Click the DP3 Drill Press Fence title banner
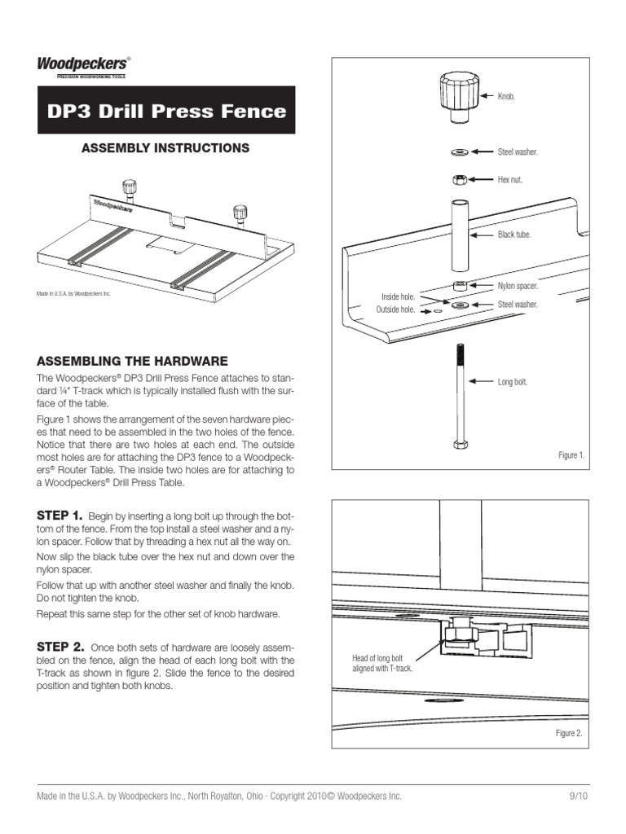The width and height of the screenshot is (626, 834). coord(166,111)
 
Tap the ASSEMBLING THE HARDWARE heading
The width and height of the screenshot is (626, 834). coord(132,361)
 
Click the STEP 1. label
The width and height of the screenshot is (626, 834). coord(60,516)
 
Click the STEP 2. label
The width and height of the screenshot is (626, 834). coord(60,646)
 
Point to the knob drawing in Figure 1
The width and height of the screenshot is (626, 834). coord(458,97)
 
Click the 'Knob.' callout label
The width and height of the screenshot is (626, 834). coord(507,97)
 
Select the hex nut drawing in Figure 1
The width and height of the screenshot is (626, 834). coord(458,179)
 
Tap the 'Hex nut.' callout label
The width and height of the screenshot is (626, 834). coord(511,179)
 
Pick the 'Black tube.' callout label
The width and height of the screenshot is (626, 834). coord(514,235)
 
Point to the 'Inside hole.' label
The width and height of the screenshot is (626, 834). coord(398,296)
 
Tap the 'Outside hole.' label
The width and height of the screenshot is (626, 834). coord(395,310)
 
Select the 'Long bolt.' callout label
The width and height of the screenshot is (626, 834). coord(513,381)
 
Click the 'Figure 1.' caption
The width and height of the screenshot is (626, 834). coord(571,455)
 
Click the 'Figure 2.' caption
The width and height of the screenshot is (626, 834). coord(569,734)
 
